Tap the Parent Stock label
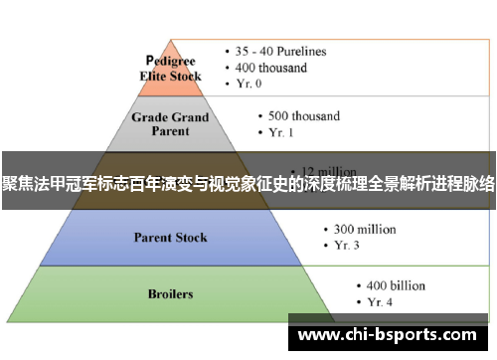click(x=171, y=239)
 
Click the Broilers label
click(x=170, y=294)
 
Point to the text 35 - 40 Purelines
click(x=280, y=51)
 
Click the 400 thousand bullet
click(x=270, y=68)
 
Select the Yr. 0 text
click(x=253, y=85)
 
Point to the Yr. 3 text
click(x=345, y=246)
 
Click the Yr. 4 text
click(x=378, y=300)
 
